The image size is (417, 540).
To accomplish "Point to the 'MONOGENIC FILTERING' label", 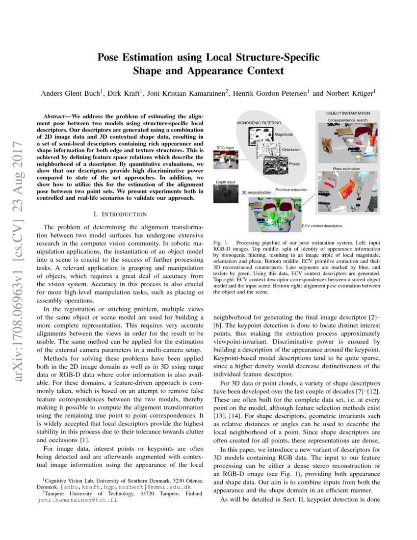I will point(260,122).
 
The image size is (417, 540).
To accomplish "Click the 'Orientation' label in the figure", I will point(292,149).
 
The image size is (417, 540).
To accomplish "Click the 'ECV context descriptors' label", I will point(322,226).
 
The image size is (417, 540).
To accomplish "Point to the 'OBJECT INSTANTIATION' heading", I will point(348,113).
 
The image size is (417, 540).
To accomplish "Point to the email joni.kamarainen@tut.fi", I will point(77,501).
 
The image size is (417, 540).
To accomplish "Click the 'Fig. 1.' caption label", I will point(221,243).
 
